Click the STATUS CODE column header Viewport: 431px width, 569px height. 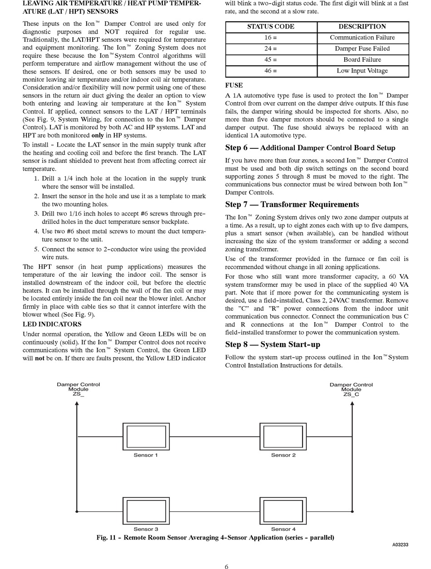pyautogui.click(x=271, y=27)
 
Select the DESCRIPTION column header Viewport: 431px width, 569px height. pyautogui.click(x=362, y=27)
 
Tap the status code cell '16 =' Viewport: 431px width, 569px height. pyautogui.click(x=271, y=38)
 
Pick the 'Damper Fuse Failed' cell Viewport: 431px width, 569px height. pyautogui.click(x=362, y=49)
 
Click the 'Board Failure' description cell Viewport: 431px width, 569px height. pyautogui.click(x=362, y=59)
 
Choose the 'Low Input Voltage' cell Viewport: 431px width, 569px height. pyautogui.click(x=362, y=71)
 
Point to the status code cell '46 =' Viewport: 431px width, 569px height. pyautogui.click(x=271, y=71)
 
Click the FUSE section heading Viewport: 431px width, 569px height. pyautogui.click(x=234, y=85)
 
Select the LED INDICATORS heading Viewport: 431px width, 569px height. pyautogui.click(x=52, y=324)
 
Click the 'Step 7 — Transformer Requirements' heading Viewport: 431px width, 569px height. pyautogui.click(x=292, y=205)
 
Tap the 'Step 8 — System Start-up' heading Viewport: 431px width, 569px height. pyautogui.click(x=273, y=344)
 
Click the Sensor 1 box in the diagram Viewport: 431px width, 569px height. pyautogui.click(x=146, y=437)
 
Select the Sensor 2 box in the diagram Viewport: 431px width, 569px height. pyautogui.click(x=283, y=437)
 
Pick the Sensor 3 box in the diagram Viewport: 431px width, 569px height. pyautogui.click(x=146, y=511)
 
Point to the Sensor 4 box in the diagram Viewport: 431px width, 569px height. pyautogui.click(x=283, y=511)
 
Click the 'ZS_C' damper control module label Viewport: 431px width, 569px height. pyautogui.click(x=351, y=394)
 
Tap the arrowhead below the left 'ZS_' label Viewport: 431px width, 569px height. pyautogui.click(x=77, y=404)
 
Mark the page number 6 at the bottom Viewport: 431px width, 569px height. pyautogui.click(x=226, y=566)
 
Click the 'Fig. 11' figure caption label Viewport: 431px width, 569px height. pyautogui.click(x=107, y=538)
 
